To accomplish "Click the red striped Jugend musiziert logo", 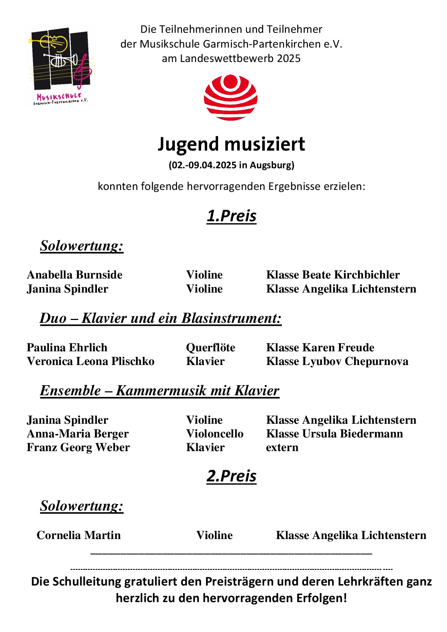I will coord(231,97).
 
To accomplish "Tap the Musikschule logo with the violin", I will coord(61,67).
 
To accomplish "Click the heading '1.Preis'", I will coord(231,216).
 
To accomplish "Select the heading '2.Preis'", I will coord(231,476).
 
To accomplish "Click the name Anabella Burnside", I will coord(75,275).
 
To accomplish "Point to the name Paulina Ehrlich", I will coord(67,348).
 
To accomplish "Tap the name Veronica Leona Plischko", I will coord(90,361).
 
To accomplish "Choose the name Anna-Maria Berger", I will coord(78,434).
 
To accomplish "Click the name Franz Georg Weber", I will coord(78,448).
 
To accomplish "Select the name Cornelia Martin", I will coord(79,535).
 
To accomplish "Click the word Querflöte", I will coord(211,348).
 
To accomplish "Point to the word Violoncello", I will coord(214,434).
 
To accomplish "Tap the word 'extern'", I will coord(282,448).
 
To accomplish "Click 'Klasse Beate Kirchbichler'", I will coord(333,275).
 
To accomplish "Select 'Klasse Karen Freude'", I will coord(320,348).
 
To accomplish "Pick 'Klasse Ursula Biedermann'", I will coord(334,434).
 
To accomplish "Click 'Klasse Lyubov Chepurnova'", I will coord(337,361).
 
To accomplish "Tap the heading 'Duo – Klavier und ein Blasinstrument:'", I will coord(160,319).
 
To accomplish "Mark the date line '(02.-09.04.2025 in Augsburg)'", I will coord(231,165).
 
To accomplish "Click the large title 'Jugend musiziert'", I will coord(231,144).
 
